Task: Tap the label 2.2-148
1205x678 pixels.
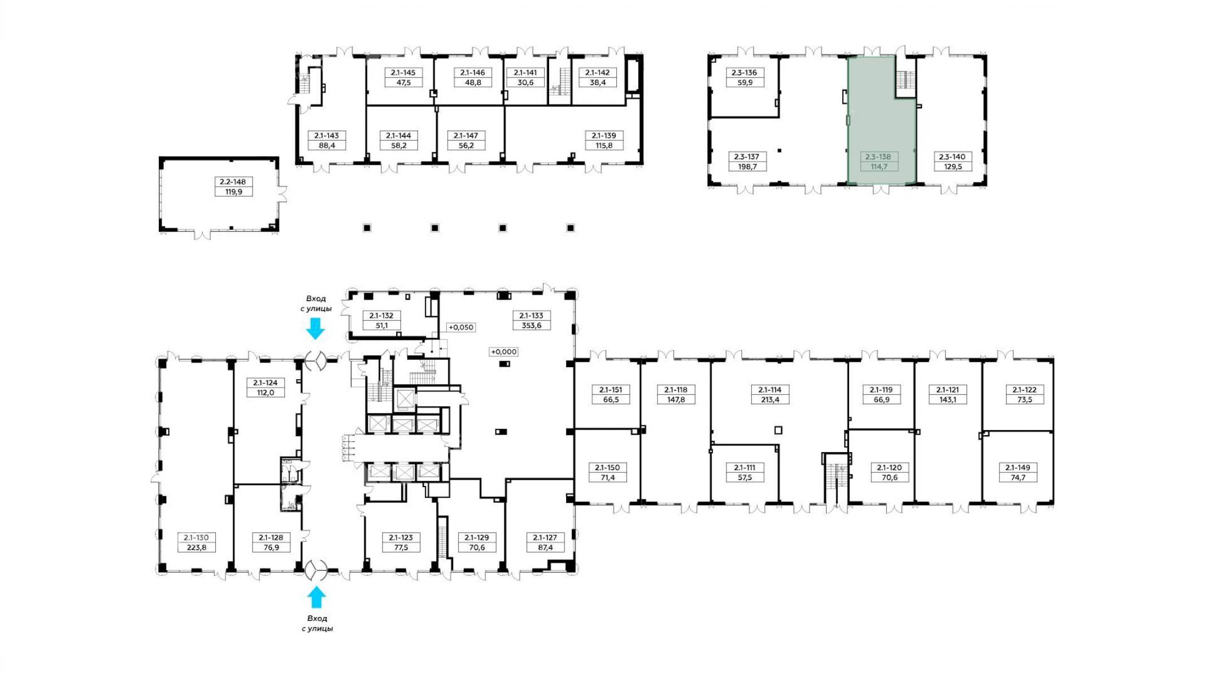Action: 233,182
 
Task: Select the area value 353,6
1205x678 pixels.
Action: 532,325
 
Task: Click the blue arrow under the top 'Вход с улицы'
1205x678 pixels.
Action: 315,328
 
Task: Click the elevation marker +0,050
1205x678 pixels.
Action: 461,327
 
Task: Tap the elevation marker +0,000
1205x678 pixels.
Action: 503,351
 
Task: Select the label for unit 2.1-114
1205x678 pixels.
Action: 769,390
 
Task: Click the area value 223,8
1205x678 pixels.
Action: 196,547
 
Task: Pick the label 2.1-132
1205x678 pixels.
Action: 381,316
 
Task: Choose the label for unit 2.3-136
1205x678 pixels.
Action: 744,72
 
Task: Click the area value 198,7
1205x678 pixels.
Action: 747,167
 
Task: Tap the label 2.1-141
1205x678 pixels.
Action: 525,72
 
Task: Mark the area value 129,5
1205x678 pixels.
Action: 952,167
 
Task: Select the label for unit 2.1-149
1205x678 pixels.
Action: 1017,468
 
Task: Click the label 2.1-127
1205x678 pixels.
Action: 545,538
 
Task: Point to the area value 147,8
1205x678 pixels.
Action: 676,399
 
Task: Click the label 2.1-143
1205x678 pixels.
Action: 327,136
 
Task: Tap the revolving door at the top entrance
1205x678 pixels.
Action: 315,360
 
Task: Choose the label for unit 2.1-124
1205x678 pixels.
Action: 266,383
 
